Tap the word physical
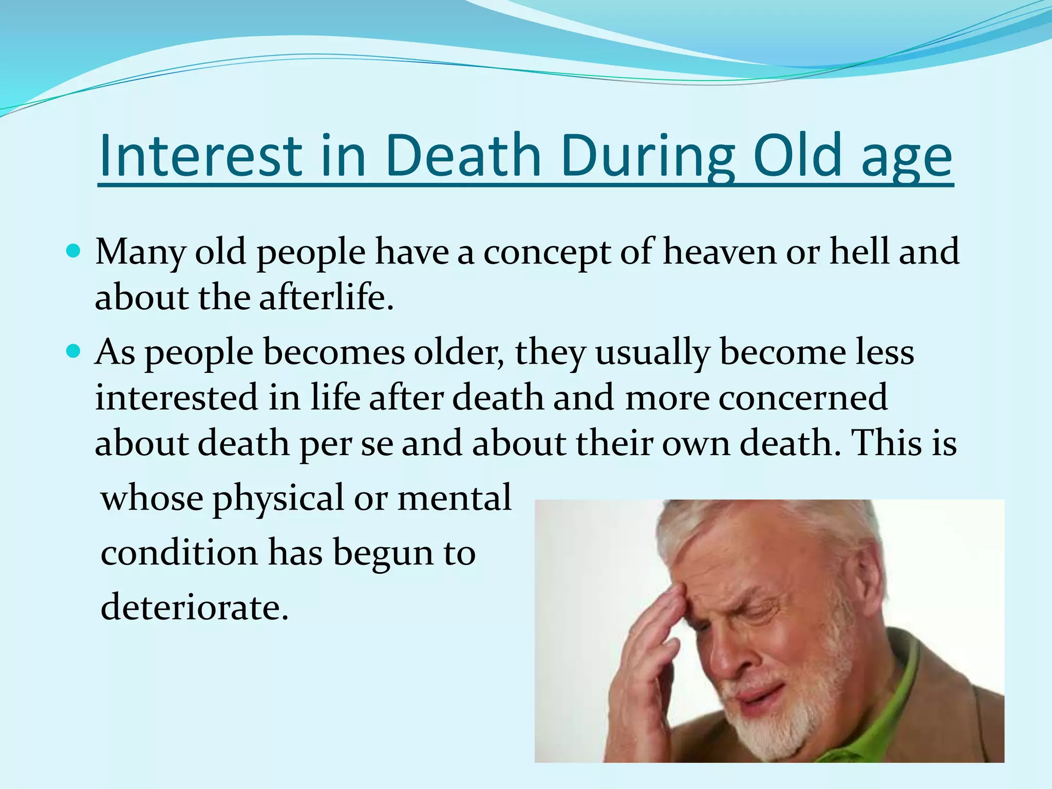click(278, 498)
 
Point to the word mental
click(455, 498)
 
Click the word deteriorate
click(194, 607)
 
